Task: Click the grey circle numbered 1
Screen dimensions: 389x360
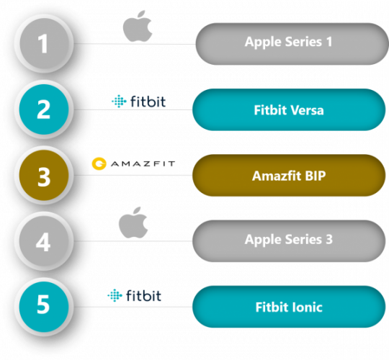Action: (x=44, y=43)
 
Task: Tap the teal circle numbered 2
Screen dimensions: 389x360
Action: (x=44, y=109)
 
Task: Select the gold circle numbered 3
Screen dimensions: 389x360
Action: (x=44, y=175)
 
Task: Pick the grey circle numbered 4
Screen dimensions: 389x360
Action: (x=44, y=240)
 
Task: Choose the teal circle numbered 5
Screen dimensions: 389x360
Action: (x=44, y=307)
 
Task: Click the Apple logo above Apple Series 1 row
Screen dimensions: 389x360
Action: (x=138, y=26)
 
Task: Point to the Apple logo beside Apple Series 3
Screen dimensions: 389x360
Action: (x=133, y=222)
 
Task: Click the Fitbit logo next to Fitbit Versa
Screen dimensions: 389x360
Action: (x=139, y=101)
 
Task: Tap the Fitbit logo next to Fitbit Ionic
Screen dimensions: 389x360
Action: (x=134, y=295)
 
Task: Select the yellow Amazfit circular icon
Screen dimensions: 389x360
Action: (x=99, y=163)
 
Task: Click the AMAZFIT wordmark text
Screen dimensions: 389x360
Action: (x=143, y=163)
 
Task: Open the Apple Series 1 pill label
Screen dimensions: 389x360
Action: (x=292, y=44)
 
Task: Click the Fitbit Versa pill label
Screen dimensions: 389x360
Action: (x=289, y=109)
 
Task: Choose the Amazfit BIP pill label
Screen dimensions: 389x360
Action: (x=289, y=175)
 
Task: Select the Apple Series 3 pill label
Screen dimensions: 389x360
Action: (x=289, y=241)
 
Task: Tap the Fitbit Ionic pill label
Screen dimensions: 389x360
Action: (x=289, y=307)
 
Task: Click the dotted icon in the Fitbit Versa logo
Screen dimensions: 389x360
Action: (x=119, y=101)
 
